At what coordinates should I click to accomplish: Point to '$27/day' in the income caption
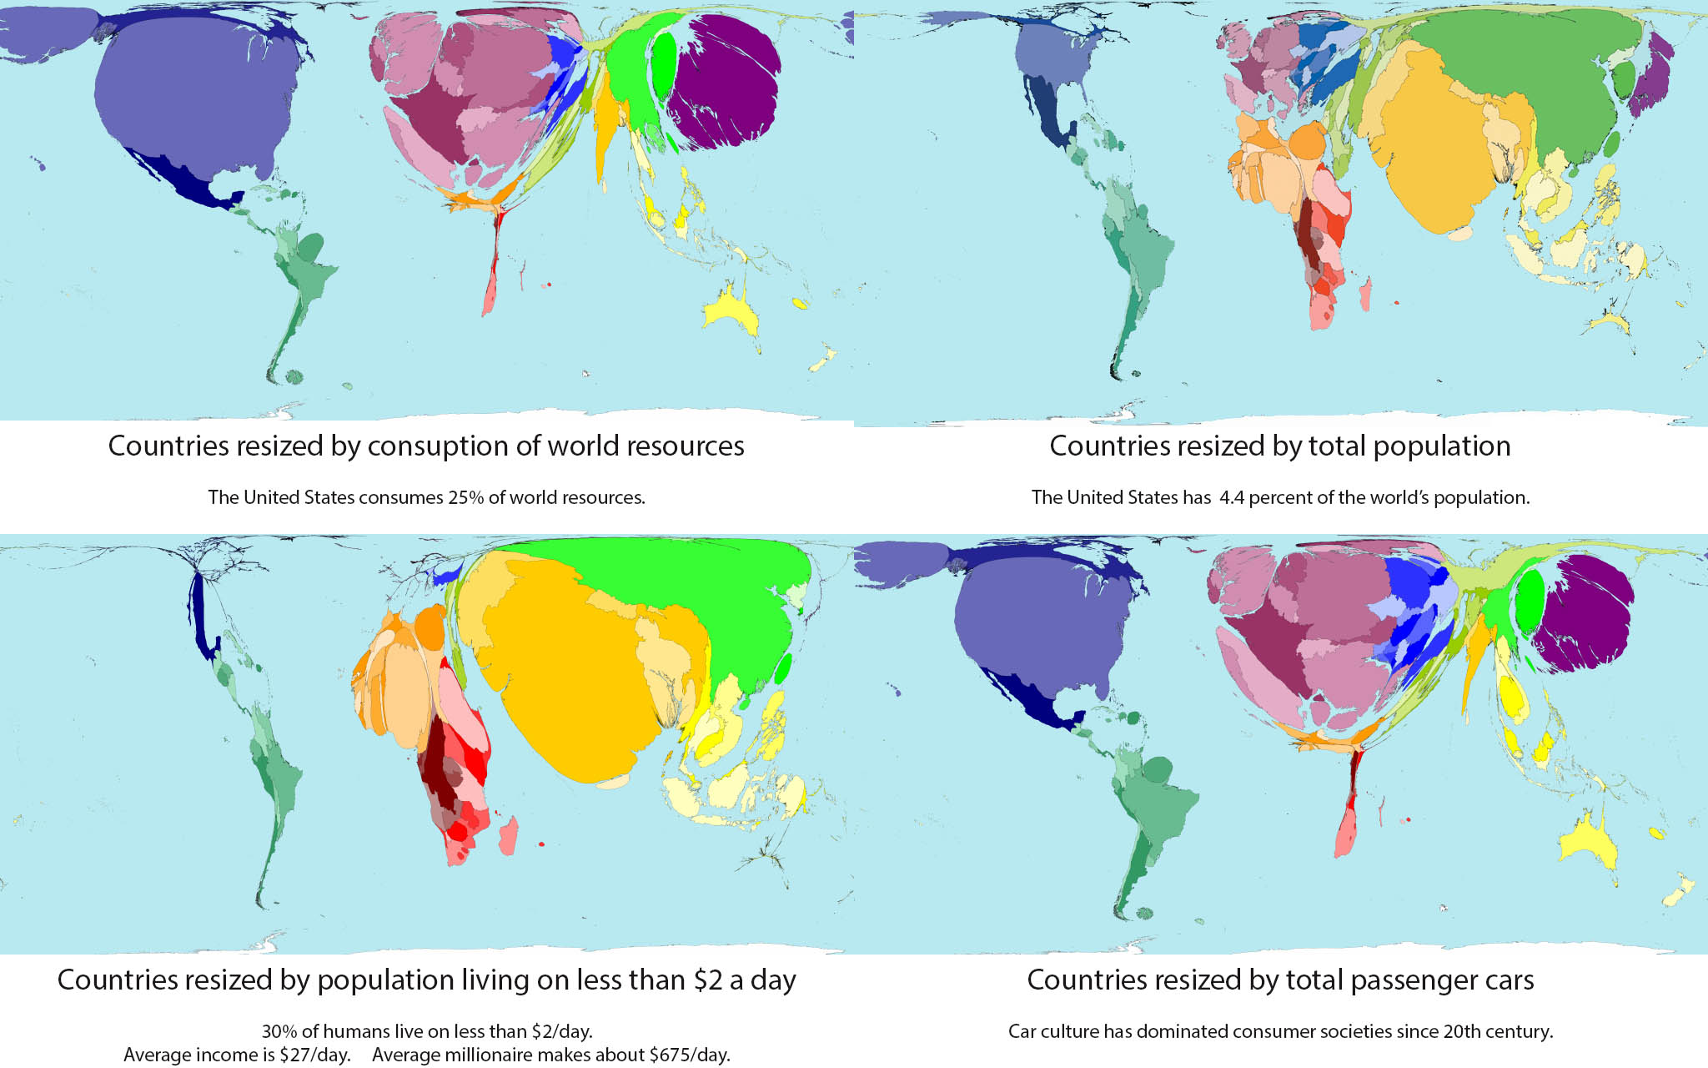click(x=314, y=1055)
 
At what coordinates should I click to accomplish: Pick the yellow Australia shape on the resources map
click(x=731, y=314)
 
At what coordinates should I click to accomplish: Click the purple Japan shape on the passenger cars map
click(x=1580, y=613)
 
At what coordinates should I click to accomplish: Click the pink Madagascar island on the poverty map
click(x=508, y=835)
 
